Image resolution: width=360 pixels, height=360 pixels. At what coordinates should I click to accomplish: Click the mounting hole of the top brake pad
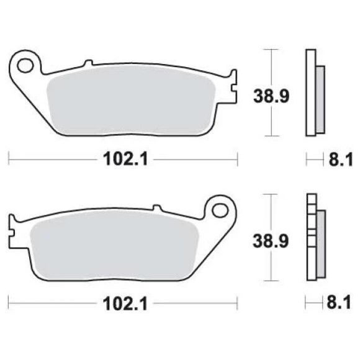coord(25,66)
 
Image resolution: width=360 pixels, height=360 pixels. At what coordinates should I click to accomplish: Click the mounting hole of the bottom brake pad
coord(220,210)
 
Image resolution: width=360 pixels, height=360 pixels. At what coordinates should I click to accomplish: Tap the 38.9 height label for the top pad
coord(271,96)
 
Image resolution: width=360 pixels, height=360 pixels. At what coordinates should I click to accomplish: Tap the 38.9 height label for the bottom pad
coord(271,241)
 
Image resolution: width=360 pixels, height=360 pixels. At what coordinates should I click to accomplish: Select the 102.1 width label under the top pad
coord(125,159)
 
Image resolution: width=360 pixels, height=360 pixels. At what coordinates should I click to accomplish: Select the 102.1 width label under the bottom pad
coord(125,304)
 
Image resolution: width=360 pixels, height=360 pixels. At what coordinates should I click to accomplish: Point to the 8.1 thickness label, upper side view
coord(341,160)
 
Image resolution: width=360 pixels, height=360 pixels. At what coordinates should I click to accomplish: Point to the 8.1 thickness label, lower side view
coord(339,303)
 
